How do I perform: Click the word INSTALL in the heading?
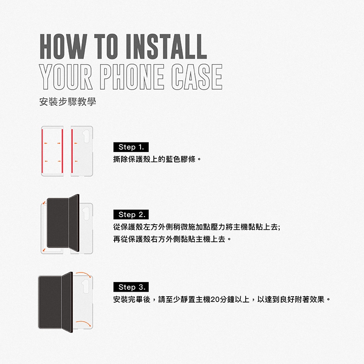click(x=166, y=46)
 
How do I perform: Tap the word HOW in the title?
click(x=63, y=46)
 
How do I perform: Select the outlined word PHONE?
click(x=132, y=77)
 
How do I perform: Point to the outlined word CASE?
click(x=197, y=77)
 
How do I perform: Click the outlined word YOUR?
click(x=66, y=77)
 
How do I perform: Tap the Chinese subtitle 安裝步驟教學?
click(x=67, y=101)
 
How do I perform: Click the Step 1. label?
click(x=131, y=147)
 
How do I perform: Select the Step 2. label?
click(x=131, y=215)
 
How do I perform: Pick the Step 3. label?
click(x=131, y=287)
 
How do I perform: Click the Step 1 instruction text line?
click(x=157, y=159)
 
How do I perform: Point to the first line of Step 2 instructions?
click(x=197, y=227)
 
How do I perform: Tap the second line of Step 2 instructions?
click(x=172, y=239)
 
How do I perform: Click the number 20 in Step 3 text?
click(x=215, y=300)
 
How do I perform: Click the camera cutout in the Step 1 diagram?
click(x=86, y=136)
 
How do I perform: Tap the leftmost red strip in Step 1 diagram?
click(x=42, y=151)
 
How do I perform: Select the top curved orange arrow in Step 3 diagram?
click(x=83, y=274)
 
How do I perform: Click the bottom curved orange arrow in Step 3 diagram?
click(x=83, y=324)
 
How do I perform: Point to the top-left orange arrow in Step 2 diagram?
click(x=44, y=202)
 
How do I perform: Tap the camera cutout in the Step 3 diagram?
click(x=86, y=286)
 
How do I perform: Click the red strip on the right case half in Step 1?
click(x=72, y=151)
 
